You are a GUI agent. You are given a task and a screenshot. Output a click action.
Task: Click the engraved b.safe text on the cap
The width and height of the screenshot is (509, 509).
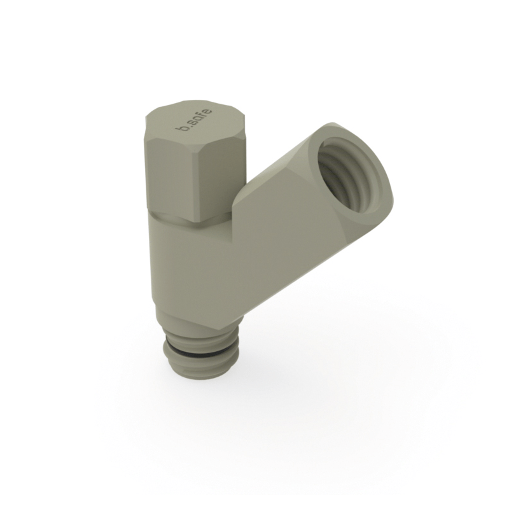click(x=194, y=121)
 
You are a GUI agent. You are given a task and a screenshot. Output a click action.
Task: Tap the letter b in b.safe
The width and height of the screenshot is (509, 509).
click(x=185, y=130)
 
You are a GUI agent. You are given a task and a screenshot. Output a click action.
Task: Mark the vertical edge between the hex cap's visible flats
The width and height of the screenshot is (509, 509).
click(x=191, y=185)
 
